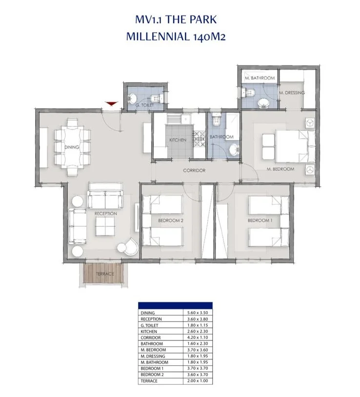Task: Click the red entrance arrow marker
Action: (112, 104)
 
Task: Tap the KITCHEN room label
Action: (178, 140)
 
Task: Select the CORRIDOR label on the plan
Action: (194, 170)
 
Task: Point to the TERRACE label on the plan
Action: (105, 273)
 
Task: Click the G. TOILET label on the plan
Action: (144, 105)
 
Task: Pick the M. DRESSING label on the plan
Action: (292, 93)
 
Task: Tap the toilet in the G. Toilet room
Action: (157, 98)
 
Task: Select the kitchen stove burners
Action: (199, 139)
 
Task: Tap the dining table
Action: (72, 147)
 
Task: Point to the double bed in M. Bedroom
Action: (296, 146)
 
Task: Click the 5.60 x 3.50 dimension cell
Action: (198, 313)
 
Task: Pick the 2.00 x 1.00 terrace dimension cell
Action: (198, 381)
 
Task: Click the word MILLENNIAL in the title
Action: (158, 37)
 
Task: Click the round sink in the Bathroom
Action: (234, 149)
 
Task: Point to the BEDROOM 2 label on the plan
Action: (171, 221)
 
